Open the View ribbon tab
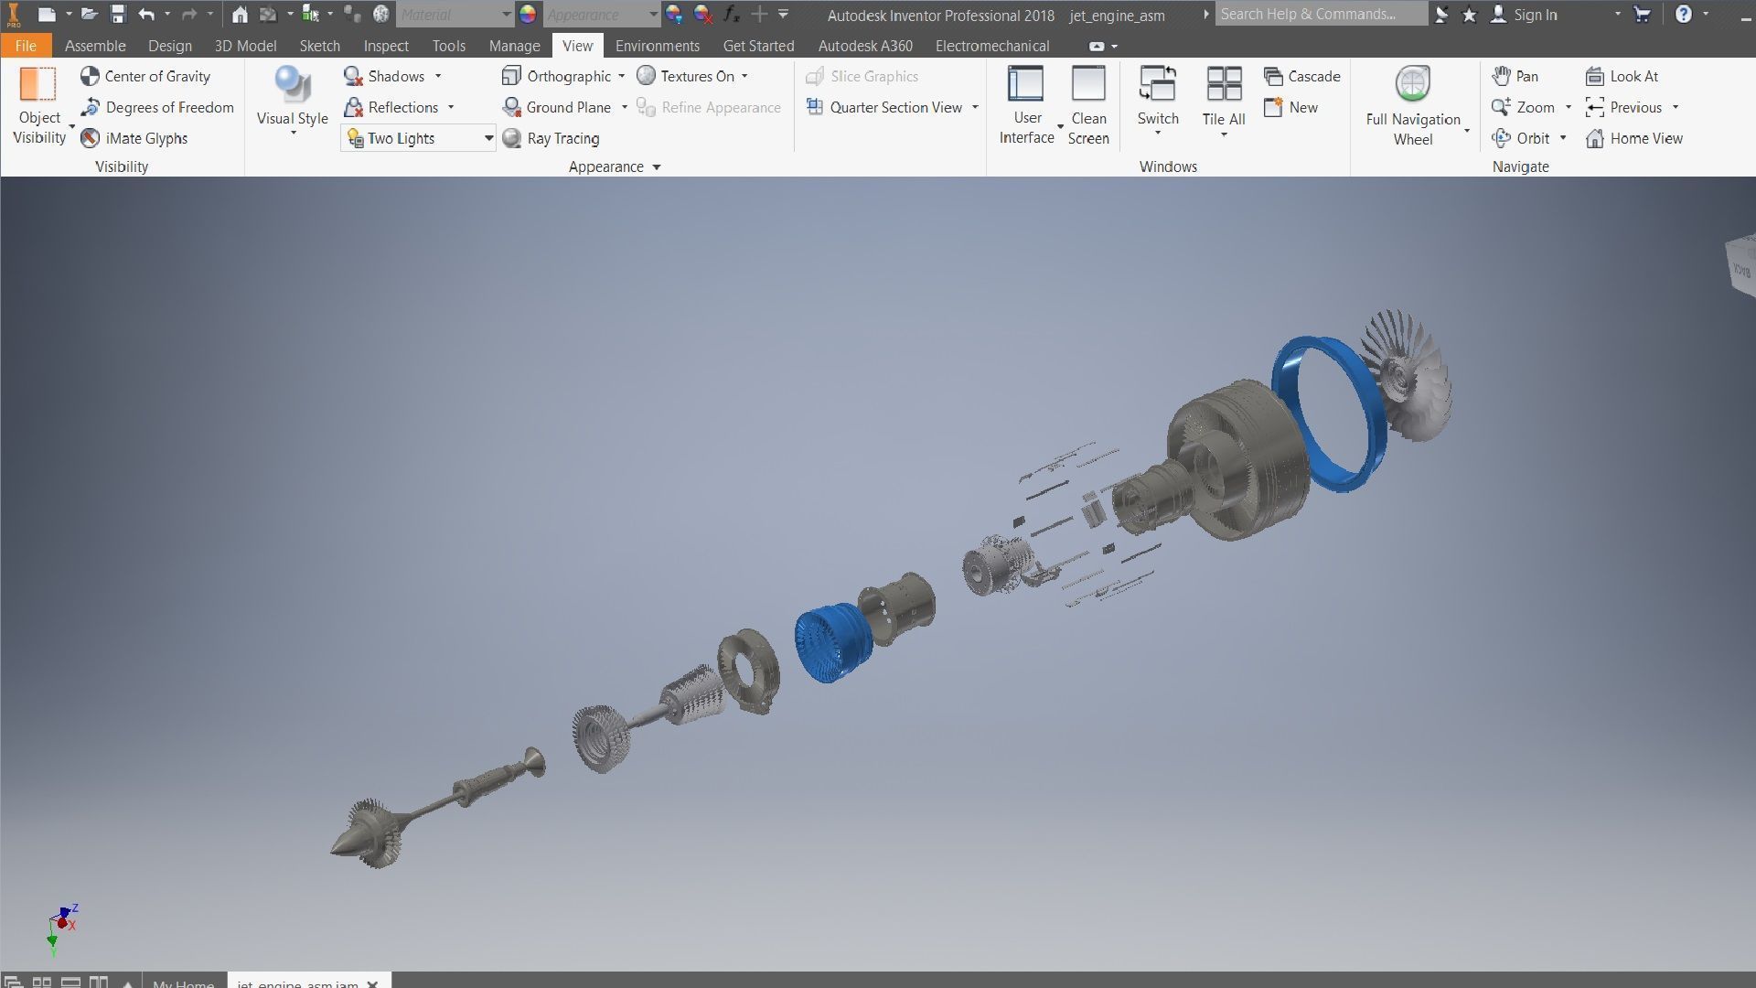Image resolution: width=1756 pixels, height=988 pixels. coord(577,46)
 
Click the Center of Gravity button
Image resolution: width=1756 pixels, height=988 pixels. coord(145,77)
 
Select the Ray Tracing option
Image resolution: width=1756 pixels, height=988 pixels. coord(551,138)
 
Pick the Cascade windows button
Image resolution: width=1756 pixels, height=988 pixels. coord(1302,77)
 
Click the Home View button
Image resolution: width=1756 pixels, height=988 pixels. coord(1634,138)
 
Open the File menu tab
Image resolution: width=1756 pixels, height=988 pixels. coord(26,46)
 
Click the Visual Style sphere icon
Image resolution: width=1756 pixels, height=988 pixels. coord(292,85)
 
